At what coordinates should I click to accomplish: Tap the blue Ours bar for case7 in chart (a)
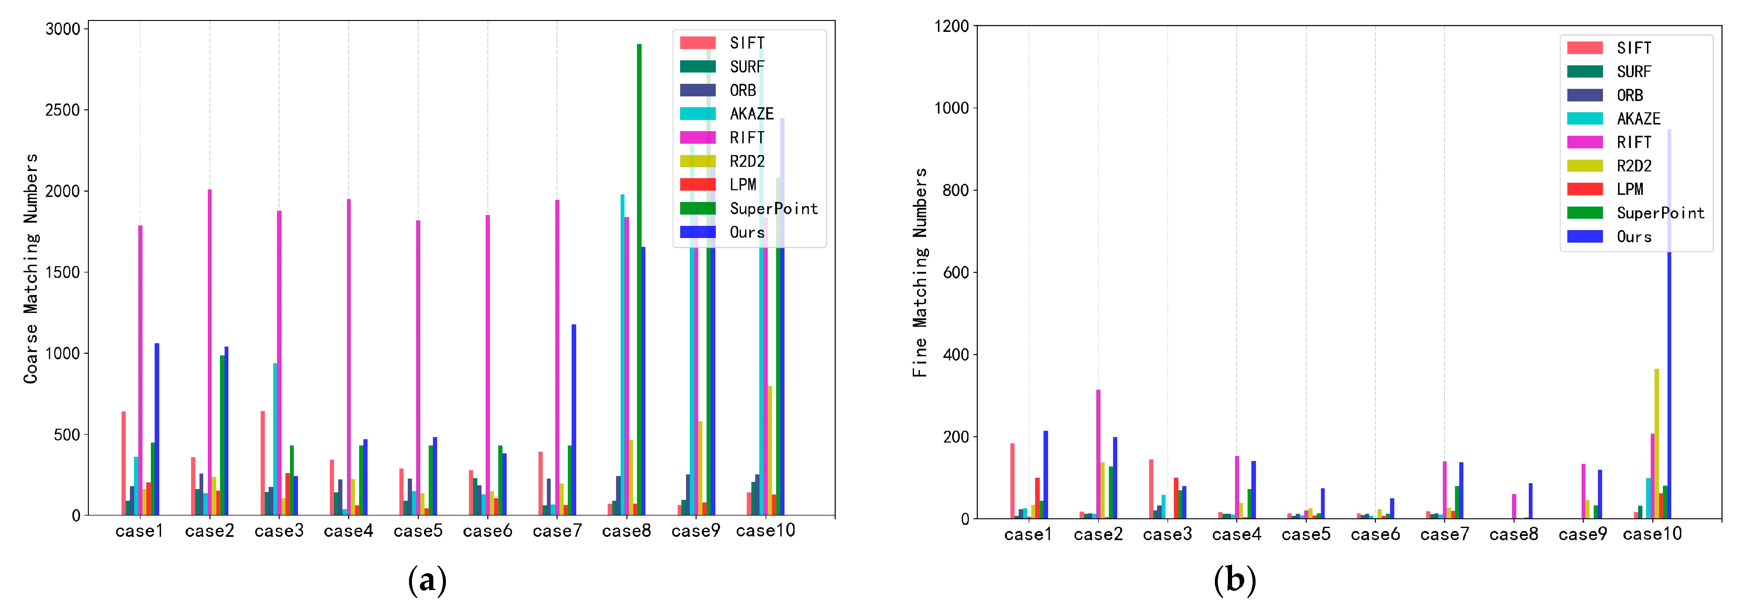573,419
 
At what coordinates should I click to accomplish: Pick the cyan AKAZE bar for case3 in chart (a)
275,439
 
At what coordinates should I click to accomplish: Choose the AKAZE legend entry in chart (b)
1638,119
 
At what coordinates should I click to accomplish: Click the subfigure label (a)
427,581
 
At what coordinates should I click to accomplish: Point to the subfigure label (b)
1234,581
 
